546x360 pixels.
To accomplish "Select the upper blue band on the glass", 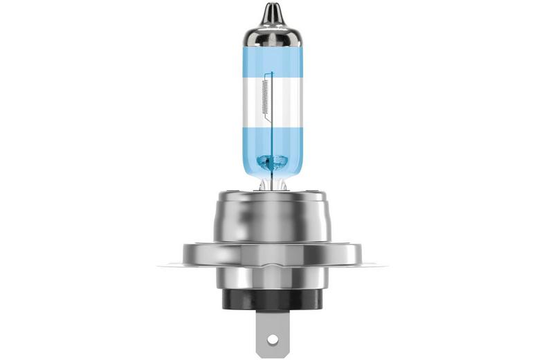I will (x=273, y=61).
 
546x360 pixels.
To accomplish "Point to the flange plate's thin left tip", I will (x=161, y=264).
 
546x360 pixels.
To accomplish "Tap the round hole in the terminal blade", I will (x=273, y=340).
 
